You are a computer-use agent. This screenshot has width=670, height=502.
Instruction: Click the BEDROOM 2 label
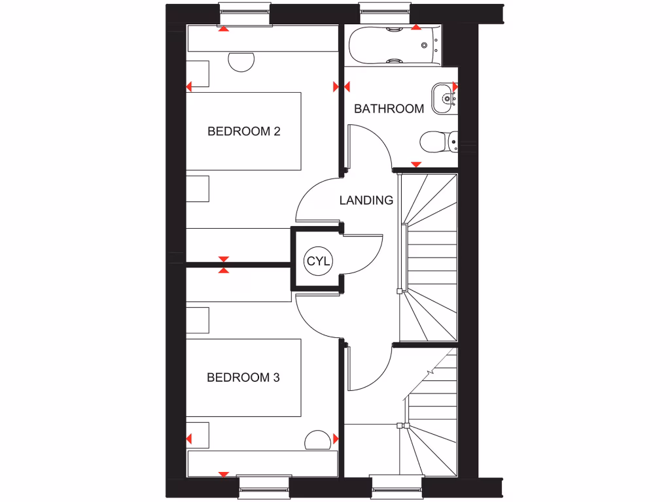click(243, 131)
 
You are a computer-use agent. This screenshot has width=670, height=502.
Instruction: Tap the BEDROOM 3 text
click(243, 377)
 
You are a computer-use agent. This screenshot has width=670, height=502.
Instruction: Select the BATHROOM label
click(389, 109)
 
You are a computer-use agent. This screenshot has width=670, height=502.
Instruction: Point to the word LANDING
click(366, 201)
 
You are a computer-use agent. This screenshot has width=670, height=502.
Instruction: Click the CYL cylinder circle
click(319, 261)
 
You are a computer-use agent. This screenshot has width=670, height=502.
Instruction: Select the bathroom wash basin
click(446, 99)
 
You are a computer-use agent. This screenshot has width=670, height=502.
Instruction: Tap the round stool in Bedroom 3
click(319, 441)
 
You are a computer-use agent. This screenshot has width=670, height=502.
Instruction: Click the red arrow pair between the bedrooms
click(224, 264)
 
